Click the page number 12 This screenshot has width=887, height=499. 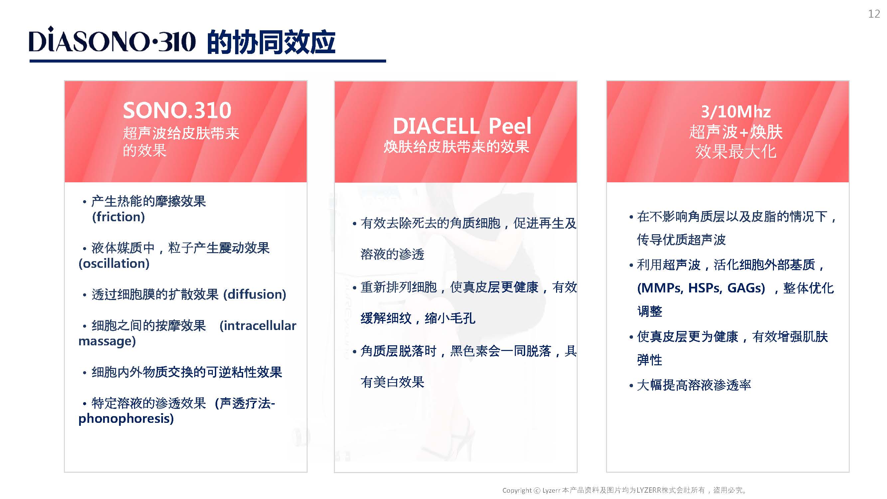tap(874, 14)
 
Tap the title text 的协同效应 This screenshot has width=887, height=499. tap(271, 42)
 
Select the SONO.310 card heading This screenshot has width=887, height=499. tap(177, 110)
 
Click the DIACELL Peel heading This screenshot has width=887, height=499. tap(462, 126)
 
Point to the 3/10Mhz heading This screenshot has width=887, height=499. tap(736, 112)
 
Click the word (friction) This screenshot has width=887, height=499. tap(118, 217)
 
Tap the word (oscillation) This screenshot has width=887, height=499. tap(114, 263)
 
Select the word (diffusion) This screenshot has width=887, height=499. tap(255, 294)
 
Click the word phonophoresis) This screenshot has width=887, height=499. tap(126, 419)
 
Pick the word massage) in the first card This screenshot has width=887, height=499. tap(107, 341)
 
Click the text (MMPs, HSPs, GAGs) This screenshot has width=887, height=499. tap(701, 288)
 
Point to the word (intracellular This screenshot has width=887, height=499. tap(258, 325)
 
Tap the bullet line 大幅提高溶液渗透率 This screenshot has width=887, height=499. tap(694, 385)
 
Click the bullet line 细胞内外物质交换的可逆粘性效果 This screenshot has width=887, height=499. tap(187, 372)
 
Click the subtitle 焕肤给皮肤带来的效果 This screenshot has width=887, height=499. tap(456, 147)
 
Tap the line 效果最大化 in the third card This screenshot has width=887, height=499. tap(736, 151)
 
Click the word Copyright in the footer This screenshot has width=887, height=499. tap(517, 490)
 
